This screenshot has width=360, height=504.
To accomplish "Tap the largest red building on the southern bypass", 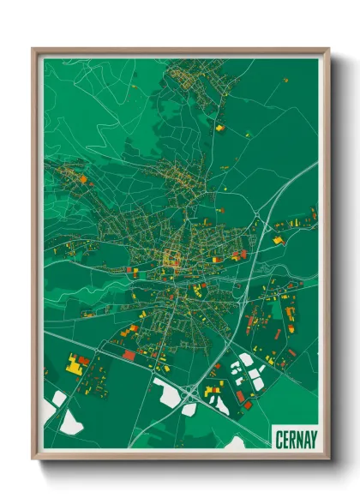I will tap(129, 355).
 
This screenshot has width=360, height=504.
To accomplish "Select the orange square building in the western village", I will tap(84, 181).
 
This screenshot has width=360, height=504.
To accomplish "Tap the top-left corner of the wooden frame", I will tap(33, 50).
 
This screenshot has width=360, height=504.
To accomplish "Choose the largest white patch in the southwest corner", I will tap(70, 420).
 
